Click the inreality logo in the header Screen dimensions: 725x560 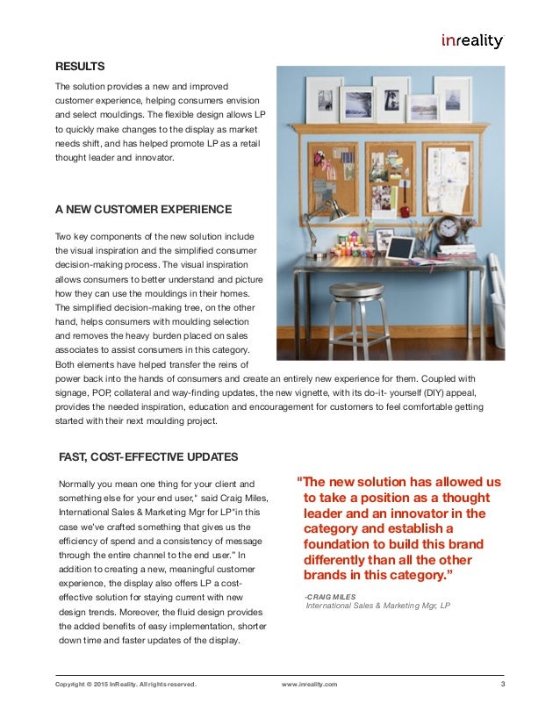pos(471,39)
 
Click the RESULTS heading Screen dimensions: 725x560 pos(80,67)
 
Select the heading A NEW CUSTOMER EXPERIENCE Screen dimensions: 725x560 pos(143,209)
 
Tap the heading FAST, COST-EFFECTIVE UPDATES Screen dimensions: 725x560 pos(147,456)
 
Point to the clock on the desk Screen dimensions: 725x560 pos(448,229)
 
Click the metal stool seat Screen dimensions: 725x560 pos(356,291)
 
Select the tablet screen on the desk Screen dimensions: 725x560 pos(400,248)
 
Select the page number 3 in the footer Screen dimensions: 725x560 pos(502,684)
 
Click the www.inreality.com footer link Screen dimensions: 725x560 pos(309,684)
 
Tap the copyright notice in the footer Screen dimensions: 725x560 pos(126,684)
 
